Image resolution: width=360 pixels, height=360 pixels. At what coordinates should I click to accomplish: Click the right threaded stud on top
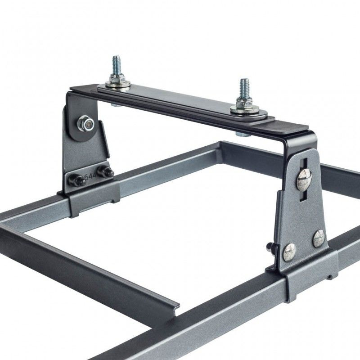[x=244, y=89]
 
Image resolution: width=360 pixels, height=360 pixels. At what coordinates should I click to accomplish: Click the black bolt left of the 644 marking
[x=78, y=180]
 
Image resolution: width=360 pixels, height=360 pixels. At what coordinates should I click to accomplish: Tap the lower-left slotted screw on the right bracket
[x=289, y=252]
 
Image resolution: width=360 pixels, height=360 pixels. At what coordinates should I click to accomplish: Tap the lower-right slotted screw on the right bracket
[x=319, y=238]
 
